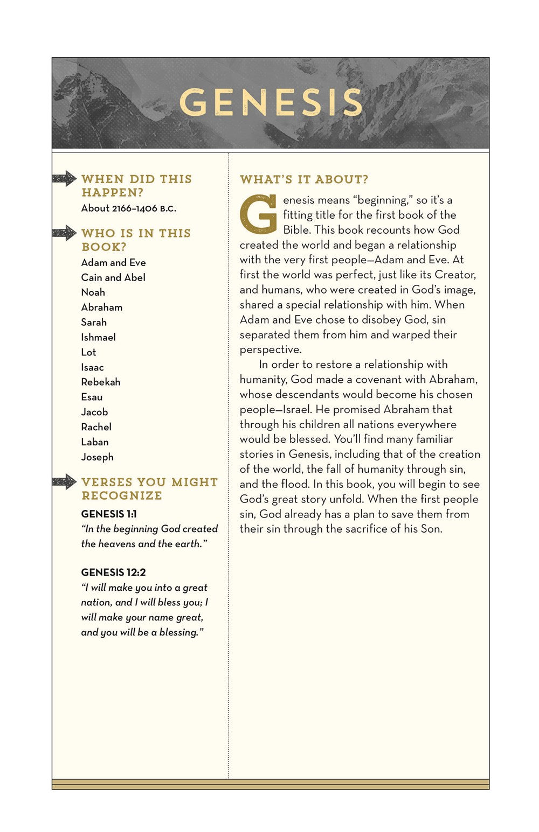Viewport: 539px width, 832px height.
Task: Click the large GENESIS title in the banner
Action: pos(271,102)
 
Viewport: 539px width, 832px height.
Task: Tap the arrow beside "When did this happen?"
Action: pos(65,178)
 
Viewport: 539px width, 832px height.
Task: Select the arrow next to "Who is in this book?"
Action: pos(65,233)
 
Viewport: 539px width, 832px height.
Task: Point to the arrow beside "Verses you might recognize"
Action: pos(65,481)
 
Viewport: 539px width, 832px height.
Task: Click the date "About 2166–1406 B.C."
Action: pos(128,208)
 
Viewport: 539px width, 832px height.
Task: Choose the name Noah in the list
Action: pos(93,292)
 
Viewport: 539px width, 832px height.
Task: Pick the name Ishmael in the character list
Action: pos(98,337)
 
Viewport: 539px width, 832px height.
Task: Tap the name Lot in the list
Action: pos(88,352)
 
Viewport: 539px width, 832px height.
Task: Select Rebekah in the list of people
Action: pos(100,382)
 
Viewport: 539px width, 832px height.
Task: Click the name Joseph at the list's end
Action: pos(97,457)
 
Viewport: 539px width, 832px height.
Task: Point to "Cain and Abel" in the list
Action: pos(113,277)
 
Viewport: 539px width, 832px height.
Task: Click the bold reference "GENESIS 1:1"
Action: pos(109,514)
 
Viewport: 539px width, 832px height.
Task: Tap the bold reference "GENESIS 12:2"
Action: pos(113,572)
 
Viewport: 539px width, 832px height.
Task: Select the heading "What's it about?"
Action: pos(304,179)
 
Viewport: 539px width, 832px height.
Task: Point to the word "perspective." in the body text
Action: pos(271,349)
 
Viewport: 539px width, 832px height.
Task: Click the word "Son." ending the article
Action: pos(431,529)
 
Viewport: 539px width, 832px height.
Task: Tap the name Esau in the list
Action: pos(92,397)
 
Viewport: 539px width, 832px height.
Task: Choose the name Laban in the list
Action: pos(95,442)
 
